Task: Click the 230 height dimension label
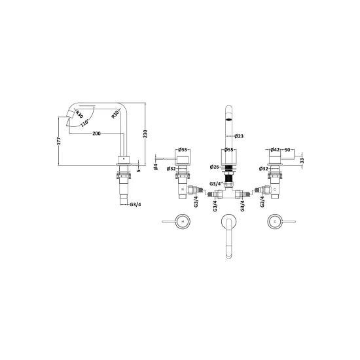[x=145, y=134]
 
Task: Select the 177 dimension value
[x=59, y=141]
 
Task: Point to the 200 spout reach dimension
[x=96, y=133]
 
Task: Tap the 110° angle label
[x=84, y=123]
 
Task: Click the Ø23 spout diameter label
[x=239, y=136]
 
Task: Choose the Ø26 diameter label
[x=214, y=167]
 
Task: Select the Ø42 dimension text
[x=275, y=150]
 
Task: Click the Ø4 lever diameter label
[x=156, y=167]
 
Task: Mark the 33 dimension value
[x=302, y=160]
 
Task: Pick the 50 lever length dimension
[x=287, y=150]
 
